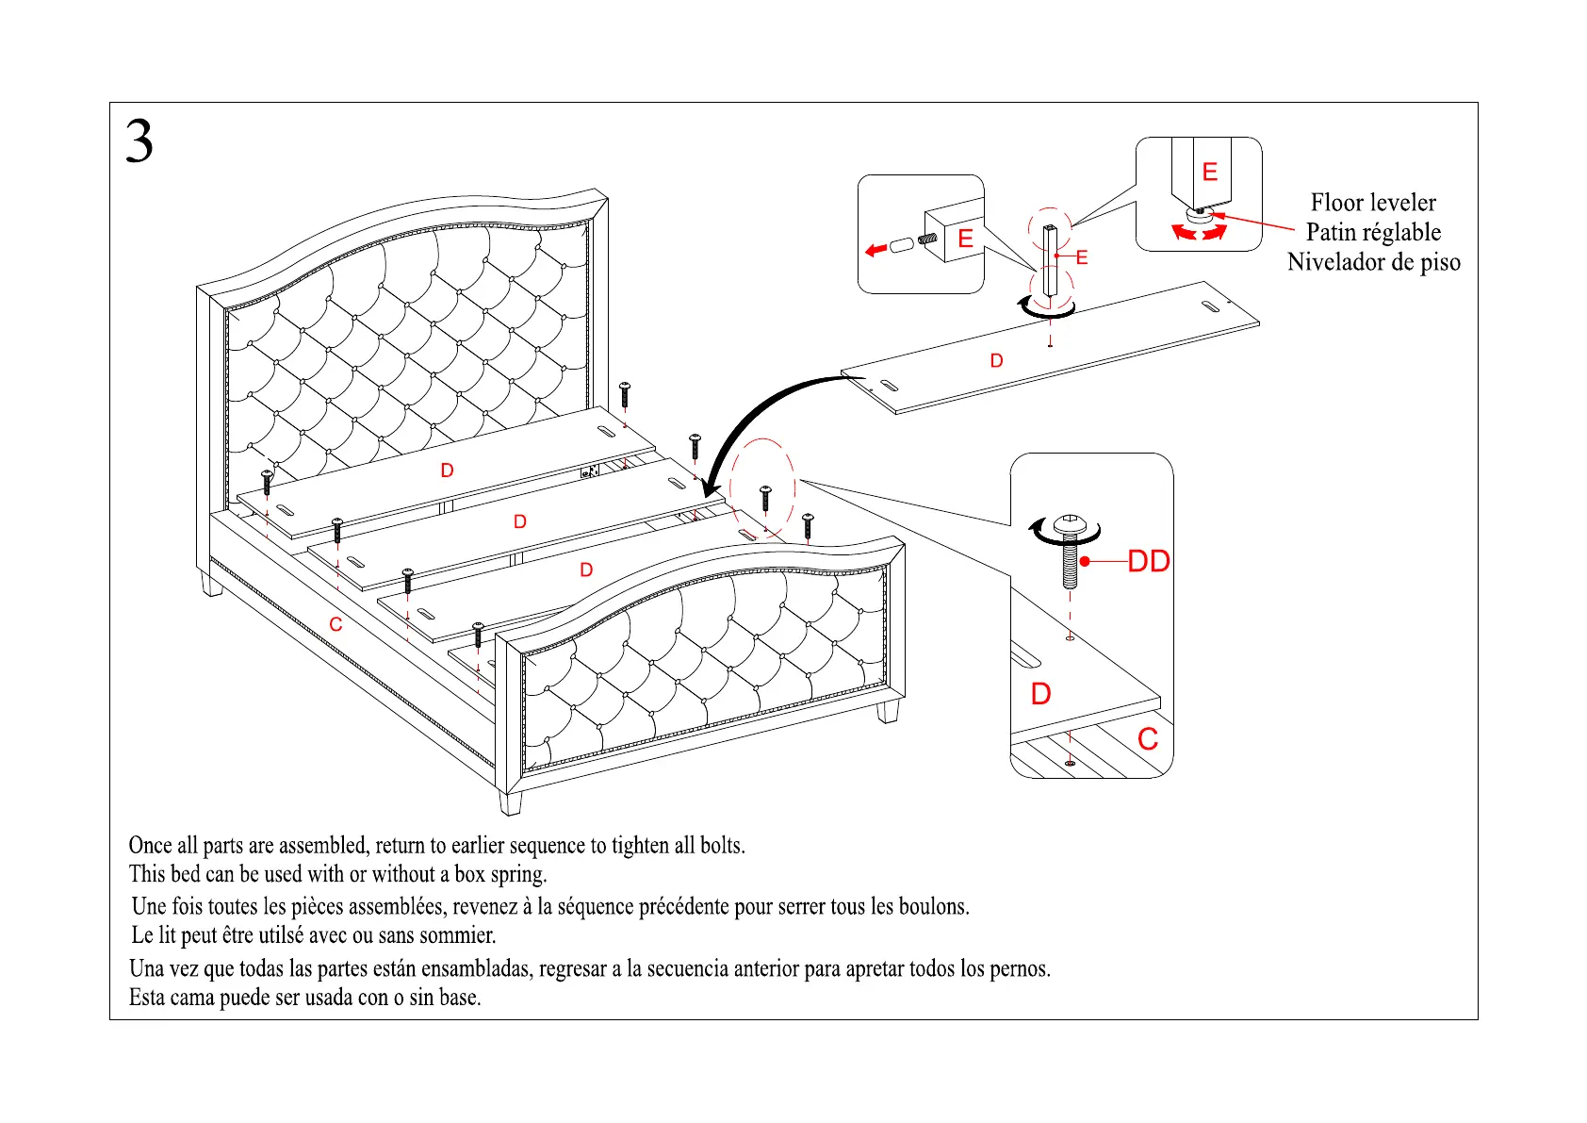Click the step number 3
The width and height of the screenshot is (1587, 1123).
click(x=139, y=142)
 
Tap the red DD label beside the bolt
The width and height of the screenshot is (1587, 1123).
click(x=1148, y=562)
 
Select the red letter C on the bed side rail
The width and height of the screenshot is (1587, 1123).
click(x=335, y=624)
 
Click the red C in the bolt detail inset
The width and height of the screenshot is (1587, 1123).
click(x=1147, y=739)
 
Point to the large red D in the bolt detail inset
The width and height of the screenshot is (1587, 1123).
click(x=1040, y=694)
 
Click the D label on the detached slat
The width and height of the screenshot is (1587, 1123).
click(x=996, y=361)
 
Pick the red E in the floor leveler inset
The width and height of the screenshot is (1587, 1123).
click(x=1210, y=172)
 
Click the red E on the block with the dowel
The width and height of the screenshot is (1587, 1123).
click(x=965, y=239)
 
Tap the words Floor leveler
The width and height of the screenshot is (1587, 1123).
click(x=1373, y=203)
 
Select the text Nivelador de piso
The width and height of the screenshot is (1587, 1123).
click(x=1373, y=262)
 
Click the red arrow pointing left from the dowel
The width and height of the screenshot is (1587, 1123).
click(x=875, y=250)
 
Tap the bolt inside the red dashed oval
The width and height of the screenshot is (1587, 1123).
click(x=765, y=498)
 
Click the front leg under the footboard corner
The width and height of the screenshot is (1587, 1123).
click(x=510, y=802)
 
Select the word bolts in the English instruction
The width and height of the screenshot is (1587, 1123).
click(x=723, y=846)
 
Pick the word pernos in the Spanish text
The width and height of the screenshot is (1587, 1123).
click(x=1020, y=969)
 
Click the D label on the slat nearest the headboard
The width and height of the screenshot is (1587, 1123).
click(x=447, y=471)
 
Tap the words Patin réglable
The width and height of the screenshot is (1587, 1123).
click(x=1373, y=232)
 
